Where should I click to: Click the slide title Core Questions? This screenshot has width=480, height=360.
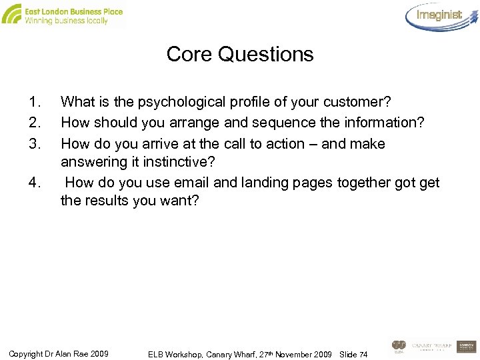coord(240,54)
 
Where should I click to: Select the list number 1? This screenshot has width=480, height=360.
coord(35,103)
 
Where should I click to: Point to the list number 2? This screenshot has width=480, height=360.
coord(35,123)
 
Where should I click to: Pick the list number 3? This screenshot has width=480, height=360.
coord(35,143)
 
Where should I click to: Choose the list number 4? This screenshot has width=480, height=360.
coord(35,182)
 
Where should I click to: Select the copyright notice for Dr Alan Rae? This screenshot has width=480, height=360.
coord(59,352)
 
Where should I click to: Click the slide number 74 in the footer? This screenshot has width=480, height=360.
coord(363,353)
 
